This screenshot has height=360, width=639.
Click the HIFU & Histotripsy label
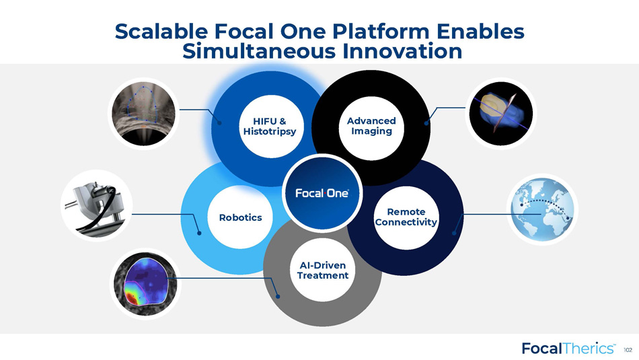click(x=269, y=127)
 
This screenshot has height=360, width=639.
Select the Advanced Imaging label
click(x=371, y=126)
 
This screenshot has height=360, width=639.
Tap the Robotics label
click(x=240, y=217)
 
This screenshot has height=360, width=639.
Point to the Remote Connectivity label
click(x=406, y=217)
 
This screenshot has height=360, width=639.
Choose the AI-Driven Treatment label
click(x=323, y=271)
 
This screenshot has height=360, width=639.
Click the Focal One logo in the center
click(x=322, y=193)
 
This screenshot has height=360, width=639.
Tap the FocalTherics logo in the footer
click(x=568, y=348)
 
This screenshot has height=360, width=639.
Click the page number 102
click(x=628, y=350)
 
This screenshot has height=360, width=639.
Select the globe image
click(x=542, y=209)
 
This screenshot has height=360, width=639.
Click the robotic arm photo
click(x=97, y=205)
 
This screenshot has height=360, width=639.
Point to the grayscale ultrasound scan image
click(x=143, y=113)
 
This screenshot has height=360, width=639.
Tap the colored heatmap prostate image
click(x=145, y=284)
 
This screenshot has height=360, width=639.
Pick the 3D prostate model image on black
click(x=501, y=113)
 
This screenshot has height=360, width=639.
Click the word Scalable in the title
click(x=162, y=31)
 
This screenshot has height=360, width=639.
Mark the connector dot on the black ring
click(x=426, y=123)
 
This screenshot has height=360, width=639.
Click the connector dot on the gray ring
click(x=278, y=296)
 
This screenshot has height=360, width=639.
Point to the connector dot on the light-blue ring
click(x=199, y=233)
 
